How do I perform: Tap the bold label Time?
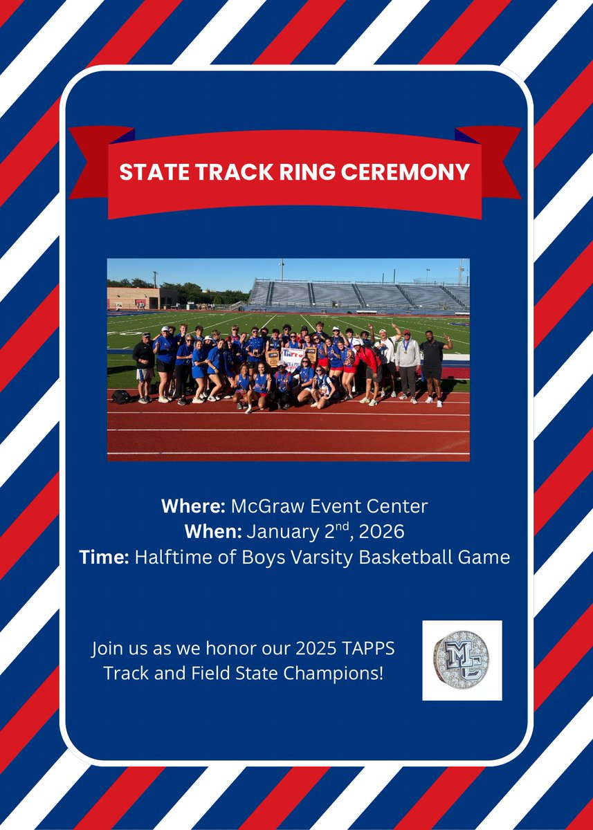point(104,556)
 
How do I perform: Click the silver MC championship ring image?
point(462,661)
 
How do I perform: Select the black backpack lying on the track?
point(121,396)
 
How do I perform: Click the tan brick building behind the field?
point(141,298)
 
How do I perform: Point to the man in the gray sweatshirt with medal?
point(408,365)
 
